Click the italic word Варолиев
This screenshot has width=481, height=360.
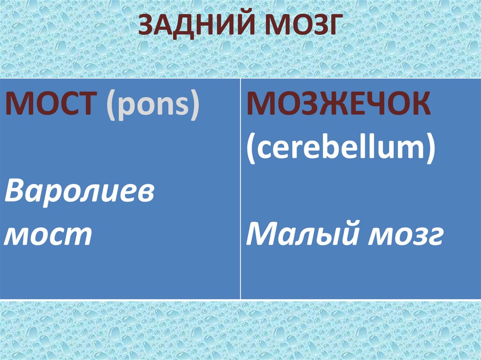tap(79, 193)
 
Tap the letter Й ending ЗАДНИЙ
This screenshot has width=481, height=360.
tap(249, 26)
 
